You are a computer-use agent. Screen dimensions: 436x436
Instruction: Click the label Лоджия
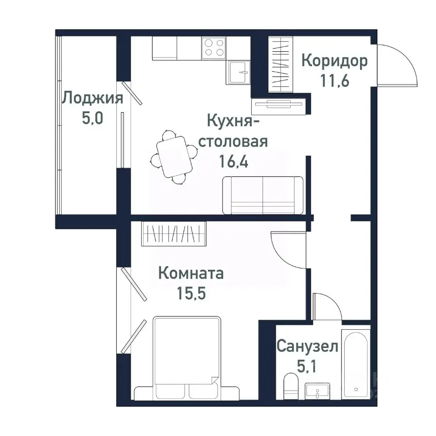pyautogui.click(x=93, y=98)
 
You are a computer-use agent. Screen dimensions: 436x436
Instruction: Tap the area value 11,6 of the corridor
pyautogui.click(x=335, y=82)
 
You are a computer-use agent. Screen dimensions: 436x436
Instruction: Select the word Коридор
pyautogui.click(x=335, y=61)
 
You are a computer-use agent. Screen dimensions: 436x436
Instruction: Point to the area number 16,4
pyautogui.click(x=234, y=162)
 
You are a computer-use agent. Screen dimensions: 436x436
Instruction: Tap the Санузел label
pyautogui.click(x=307, y=347)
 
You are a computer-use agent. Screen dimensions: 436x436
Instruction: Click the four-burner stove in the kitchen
pyautogui.click(x=214, y=47)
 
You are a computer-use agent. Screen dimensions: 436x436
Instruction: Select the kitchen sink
pyautogui.click(x=239, y=72)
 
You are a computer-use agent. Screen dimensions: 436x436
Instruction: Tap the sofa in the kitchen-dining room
pyautogui.click(x=263, y=195)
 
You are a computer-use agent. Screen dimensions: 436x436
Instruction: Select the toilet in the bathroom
pyautogui.click(x=289, y=386)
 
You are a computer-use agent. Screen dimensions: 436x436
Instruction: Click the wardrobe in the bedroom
pyautogui.click(x=173, y=234)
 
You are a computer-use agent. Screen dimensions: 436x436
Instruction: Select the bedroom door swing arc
pyautogui.click(x=286, y=248)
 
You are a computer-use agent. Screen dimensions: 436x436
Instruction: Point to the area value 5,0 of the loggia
pyautogui.click(x=93, y=119)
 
